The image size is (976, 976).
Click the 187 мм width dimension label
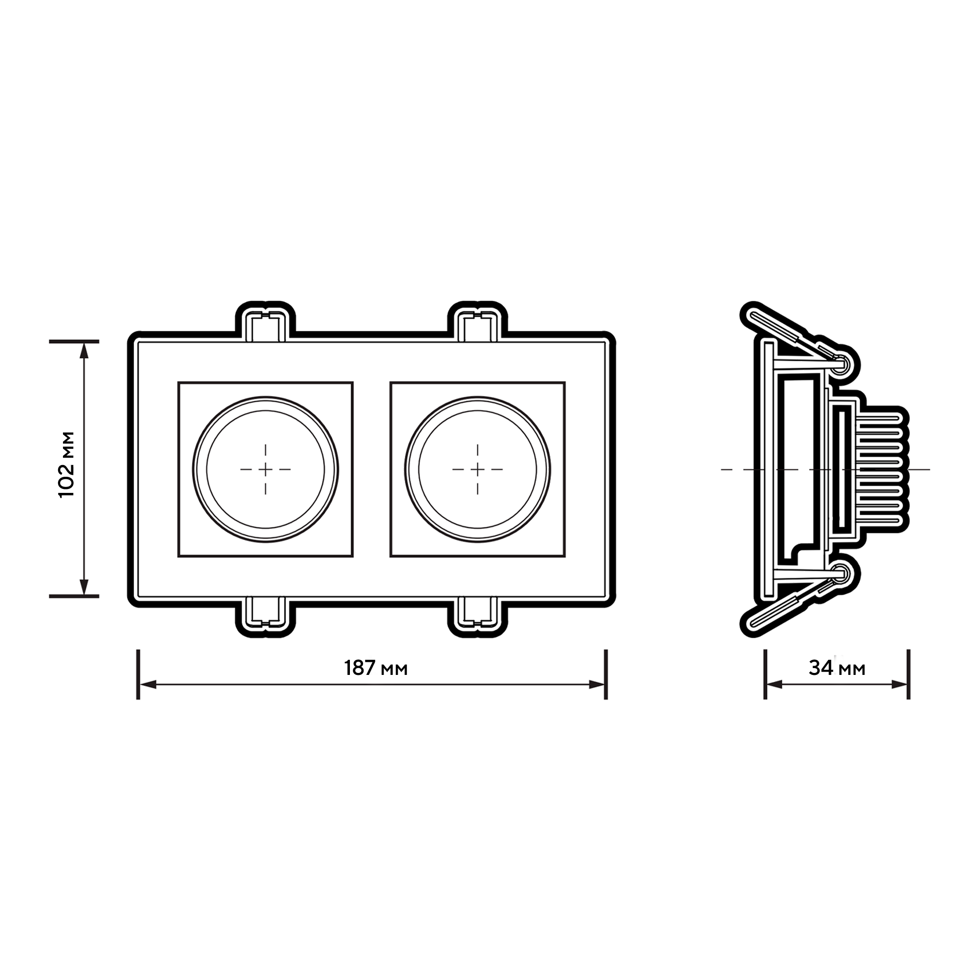click(376, 668)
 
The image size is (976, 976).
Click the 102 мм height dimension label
click(67, 464)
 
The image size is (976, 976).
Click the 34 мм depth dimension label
click(837, 668)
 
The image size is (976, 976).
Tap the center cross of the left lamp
click(266, 469)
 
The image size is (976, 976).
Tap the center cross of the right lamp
click(477, 469)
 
